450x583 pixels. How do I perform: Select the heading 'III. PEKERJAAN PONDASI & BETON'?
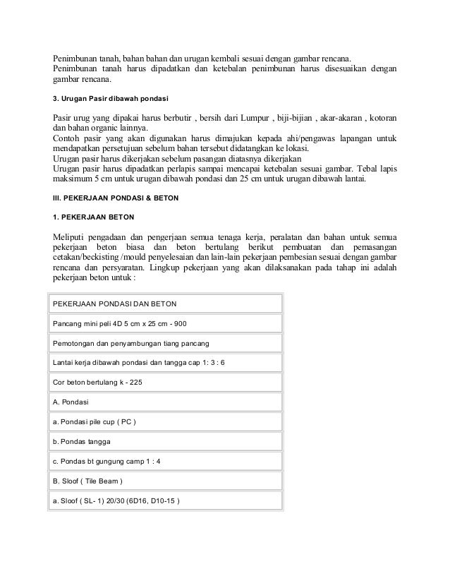click(117, 198)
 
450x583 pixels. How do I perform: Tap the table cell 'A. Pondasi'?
click(71, 403)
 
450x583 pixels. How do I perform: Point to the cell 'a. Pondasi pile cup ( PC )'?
click(95, 423)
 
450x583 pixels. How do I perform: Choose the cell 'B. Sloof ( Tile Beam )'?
click(88, 482)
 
